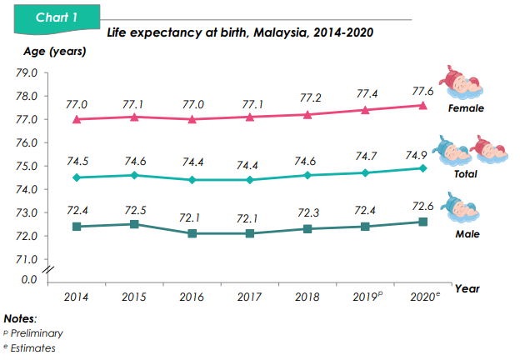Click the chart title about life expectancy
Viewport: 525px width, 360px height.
239,33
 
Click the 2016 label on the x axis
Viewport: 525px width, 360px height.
192,296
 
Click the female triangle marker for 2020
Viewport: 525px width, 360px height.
422,105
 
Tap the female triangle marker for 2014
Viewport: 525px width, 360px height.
77,119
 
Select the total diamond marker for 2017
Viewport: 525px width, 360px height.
250,180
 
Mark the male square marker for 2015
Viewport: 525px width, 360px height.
135,223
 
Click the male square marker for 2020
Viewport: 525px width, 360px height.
422,222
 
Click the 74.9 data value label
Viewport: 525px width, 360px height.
423,154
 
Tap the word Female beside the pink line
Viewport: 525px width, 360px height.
466,108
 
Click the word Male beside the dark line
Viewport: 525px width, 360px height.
467,234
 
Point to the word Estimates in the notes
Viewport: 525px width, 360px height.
33,348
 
